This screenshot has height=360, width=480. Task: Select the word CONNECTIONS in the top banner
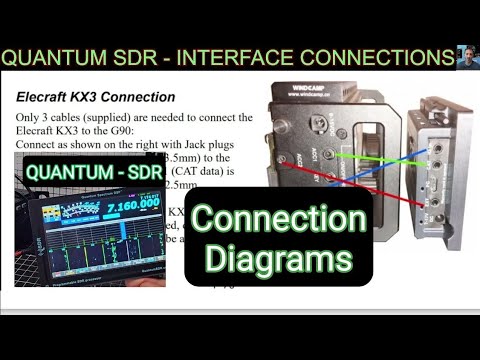(x=370, y=59)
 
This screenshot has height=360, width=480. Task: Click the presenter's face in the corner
(x=466, y=57)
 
